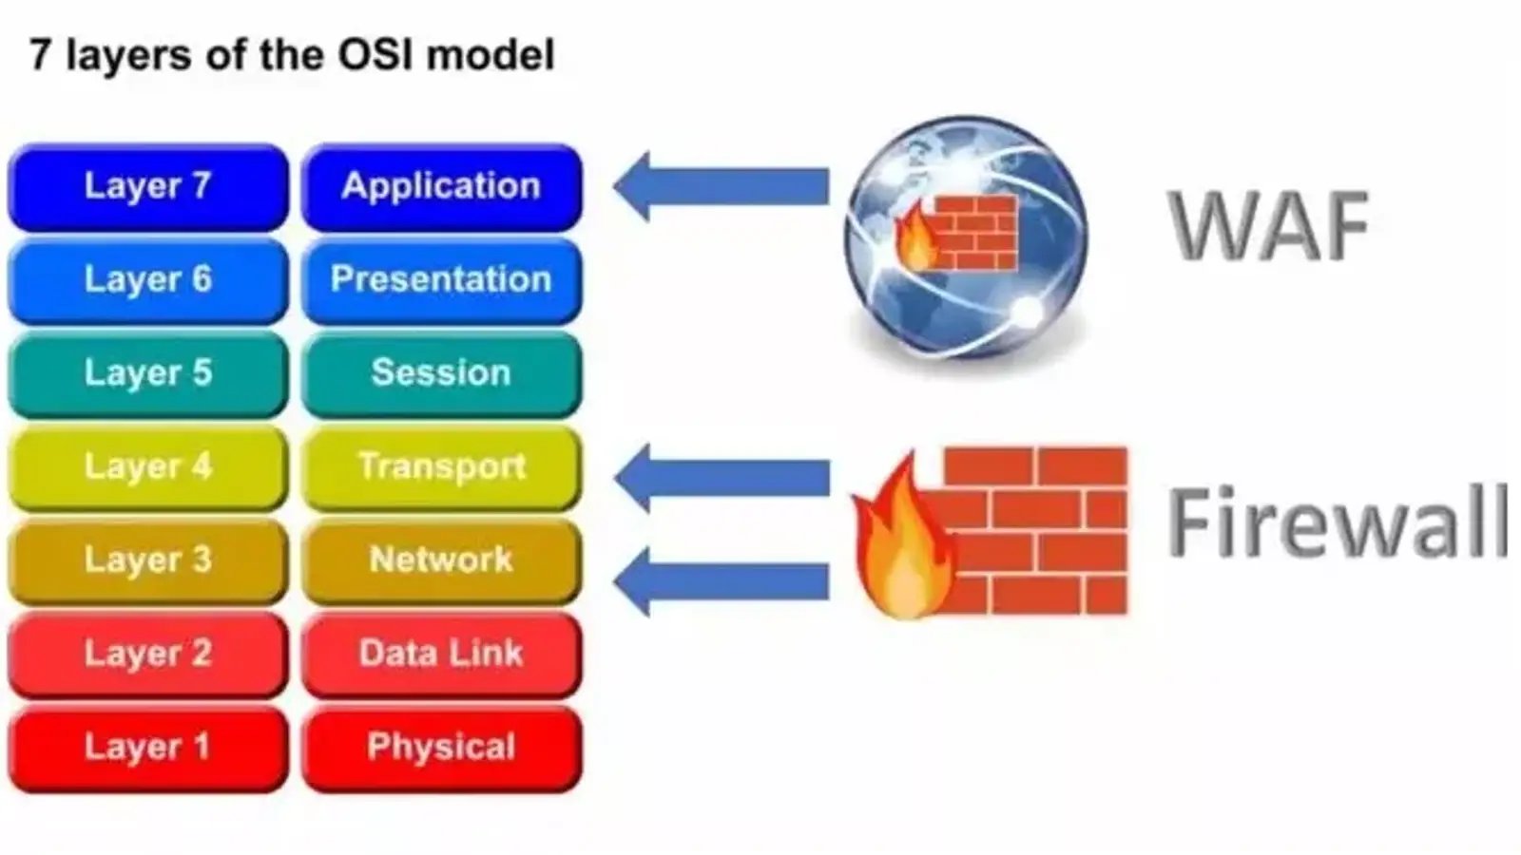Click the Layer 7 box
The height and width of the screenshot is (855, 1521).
point(147,186)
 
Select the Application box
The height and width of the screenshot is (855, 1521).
point(441,186)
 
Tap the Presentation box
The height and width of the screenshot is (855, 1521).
point(441,279)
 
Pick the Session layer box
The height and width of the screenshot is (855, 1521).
point(441,372)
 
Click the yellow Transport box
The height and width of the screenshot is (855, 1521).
point(441,466)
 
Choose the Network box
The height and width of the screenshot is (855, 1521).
point(441,560)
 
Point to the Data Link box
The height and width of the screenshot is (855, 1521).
point(441,654)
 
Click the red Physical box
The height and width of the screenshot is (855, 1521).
point(441,747)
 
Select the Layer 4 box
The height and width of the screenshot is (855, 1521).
point(147,466)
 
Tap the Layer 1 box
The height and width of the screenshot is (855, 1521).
point(147,747)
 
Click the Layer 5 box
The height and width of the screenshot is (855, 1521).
point(147,372)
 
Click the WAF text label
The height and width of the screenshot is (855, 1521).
point(1268,226)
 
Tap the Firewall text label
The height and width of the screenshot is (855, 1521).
point(1337,522)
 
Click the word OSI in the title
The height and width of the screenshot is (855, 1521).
point(375,54)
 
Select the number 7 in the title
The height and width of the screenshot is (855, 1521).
point(40,54)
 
